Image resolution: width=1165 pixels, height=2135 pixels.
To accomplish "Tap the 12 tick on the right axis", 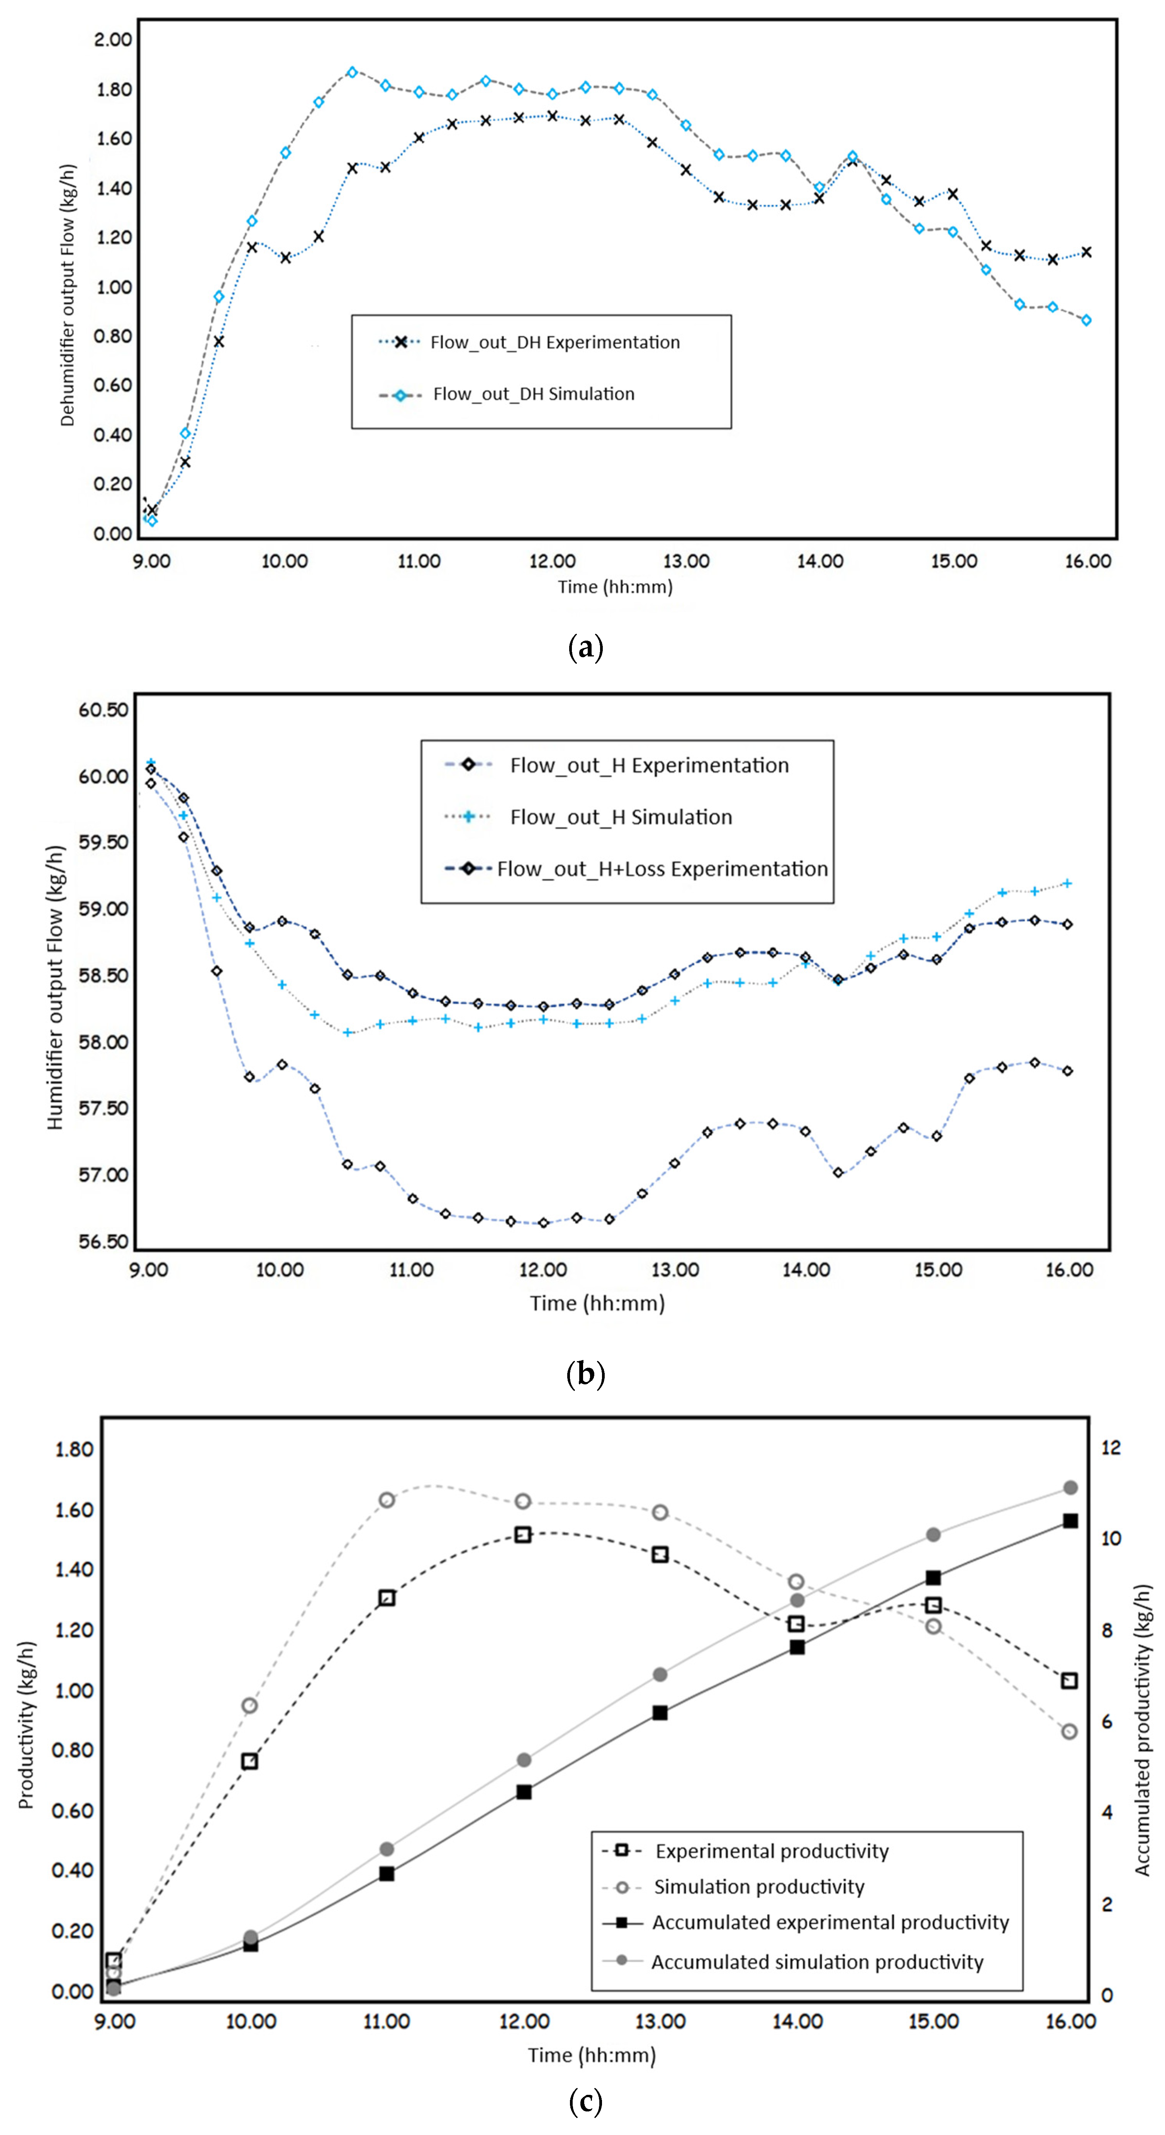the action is [x=1110, y=1447].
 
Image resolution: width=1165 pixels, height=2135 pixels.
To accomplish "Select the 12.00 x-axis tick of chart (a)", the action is [x=553, y=561].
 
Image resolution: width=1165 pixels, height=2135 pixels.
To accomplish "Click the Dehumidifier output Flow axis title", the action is [x=67, y=295].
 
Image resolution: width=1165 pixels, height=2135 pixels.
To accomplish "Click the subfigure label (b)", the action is [x=586, y=1374].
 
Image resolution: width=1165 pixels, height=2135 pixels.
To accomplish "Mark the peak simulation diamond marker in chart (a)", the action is [x=352, y=72].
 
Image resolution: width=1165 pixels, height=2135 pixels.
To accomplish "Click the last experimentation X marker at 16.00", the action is [x=1086, y=252].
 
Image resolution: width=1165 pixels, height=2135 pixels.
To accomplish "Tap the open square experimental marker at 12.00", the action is [x=523, y=1535].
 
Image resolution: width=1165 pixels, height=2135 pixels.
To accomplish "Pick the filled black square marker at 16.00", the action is [x=1070, y=1521].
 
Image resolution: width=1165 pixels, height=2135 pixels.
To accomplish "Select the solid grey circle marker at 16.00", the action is [x=1070, y=1488].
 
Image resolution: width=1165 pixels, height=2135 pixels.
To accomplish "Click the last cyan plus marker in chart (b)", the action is [x=1067, y=884].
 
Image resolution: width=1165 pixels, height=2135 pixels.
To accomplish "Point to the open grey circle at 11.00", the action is [x=386, y=1500].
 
